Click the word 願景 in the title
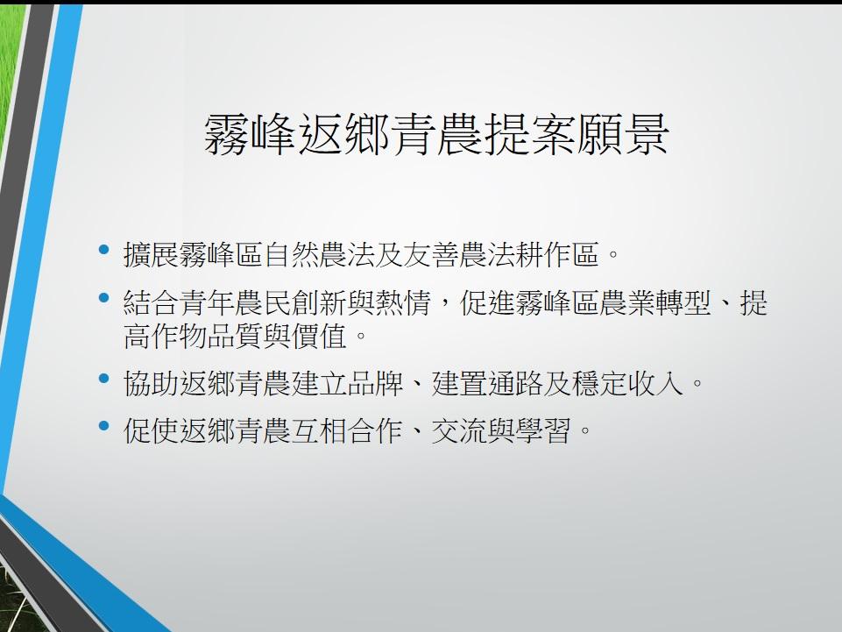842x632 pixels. coord(623,134)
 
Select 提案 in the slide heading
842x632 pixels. coord(529,134)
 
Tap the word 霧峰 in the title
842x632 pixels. coord(251,134)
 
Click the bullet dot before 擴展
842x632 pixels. coord(104,249)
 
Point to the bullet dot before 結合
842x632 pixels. coord(104,298)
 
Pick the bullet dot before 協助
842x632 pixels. coord(104,379)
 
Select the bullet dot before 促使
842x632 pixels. coord(104,426)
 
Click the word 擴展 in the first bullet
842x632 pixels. coord(151,254)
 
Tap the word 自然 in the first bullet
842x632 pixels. coord(292,254)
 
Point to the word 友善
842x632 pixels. coord(431,254)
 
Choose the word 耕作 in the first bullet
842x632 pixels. coord(543,254)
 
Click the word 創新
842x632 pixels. coord(320,302)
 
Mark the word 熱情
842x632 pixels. coord(403,302)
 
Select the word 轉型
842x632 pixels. coord(683,302)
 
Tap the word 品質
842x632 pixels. coord(235,337)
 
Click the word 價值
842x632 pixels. coord(320,337)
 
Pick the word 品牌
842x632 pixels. coord(375,383)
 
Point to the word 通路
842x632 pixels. coord(515,383)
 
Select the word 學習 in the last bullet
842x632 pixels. coord(543,431)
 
